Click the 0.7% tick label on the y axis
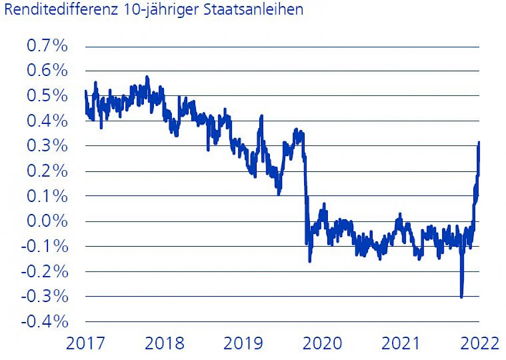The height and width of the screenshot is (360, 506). pyautogui.click(x=47, y=46)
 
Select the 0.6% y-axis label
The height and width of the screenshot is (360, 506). pyautogui.click(x=47, y=71)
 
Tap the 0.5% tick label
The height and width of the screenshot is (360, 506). pyautogui.click(x=47, y=96)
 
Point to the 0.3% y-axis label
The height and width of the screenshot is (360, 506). pyautogui.click(x=47, y=146)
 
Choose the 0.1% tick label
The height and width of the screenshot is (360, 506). pyautogui.click(x=47, y=196)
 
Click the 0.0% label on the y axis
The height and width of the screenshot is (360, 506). pyautogui.click(x=47, y=221)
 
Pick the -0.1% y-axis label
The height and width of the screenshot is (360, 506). pyautogui.click(x=45, y=246)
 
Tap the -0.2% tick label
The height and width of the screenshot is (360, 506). pyautogui.click(x=45, y=271)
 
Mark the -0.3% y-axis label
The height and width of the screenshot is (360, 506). pyautogui.click(x=45, y=296)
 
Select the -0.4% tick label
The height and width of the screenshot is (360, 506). pyautogui.click(x=45, y=321)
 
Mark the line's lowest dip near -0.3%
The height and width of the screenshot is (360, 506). pyautogui.click(x=462, y=296)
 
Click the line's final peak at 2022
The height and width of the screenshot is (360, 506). pyautogui.click(x=479, y=142)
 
